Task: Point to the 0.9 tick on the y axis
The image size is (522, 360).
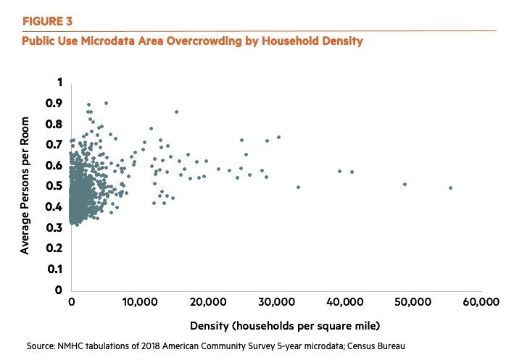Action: pyautogui.click(x=54, y=104)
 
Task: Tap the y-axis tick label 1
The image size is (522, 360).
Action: pyautogui.click(x=59, y=83)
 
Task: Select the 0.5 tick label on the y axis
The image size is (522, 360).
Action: pyautogui.click(x=54, y=186)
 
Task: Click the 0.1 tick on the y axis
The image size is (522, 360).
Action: pyautogui.click(x=54, y=269)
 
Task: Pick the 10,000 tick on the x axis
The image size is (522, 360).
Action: pyautogui.click(x=138, y=301)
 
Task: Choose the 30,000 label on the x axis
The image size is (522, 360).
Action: pyautogui.click(x=275, y=301)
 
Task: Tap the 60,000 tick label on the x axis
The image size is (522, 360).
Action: pyautogui.click(x=481, y=301)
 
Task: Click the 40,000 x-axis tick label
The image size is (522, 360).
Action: pyautogui.click(x=344, y=301)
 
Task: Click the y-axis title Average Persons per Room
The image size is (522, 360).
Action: pyautogui.click(x=25, y=186)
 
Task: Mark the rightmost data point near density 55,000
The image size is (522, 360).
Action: pyautogui.click(x=450, y=188)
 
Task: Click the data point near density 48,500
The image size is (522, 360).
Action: pyautogui.click(x=405, y=184)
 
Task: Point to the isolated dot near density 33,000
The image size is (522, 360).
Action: pyautogui.click(x=298, y=187)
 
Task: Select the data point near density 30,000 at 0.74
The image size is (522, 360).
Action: pyautogui.click(x=278, y=137)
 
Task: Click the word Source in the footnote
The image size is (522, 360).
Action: pyautogui.click(x=41, y=345)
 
